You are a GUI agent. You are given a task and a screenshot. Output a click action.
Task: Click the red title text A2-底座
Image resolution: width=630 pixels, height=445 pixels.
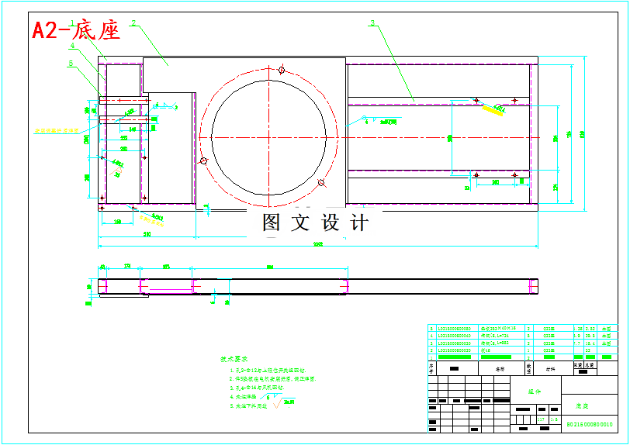(x=76, y=31)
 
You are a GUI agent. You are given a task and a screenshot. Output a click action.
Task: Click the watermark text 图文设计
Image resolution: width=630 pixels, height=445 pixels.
(x=315, y=222)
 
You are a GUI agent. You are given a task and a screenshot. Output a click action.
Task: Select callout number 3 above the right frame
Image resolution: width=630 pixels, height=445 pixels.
(x=372, y=23)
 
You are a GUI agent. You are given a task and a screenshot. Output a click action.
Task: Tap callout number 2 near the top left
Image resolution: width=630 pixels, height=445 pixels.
(x=133, y=24)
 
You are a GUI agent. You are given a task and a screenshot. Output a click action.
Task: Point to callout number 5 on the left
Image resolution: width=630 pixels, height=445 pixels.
(x=71, y=64)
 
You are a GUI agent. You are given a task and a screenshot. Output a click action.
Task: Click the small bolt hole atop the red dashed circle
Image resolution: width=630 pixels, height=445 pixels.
(x=282, y=71)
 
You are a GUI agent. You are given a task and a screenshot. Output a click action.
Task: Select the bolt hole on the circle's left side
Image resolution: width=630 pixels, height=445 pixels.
(x=203, y=161)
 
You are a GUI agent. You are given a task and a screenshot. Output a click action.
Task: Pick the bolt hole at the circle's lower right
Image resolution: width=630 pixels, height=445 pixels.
(x=321, y=183)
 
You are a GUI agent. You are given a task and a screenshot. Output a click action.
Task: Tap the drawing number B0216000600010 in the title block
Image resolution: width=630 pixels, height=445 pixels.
(x=589, y=425)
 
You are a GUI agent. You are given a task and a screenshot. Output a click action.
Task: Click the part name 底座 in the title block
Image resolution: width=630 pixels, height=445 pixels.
(x=582, y=405)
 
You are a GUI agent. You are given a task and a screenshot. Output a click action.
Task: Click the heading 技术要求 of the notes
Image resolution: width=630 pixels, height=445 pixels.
(x=234, y=360)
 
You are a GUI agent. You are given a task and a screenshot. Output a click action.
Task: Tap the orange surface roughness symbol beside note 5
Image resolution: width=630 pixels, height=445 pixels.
(x=284, y=404)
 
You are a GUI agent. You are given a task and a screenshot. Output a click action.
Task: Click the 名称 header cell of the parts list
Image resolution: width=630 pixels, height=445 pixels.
(x=500, y=369)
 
